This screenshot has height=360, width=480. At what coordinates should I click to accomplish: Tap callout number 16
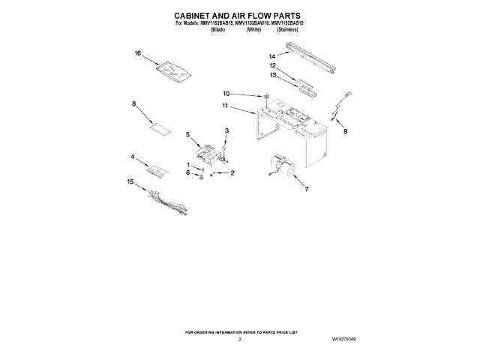[x=138, y=54]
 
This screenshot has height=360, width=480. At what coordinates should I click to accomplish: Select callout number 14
[x=272, y=56]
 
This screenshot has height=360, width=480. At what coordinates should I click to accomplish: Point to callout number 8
[x=134, y=103]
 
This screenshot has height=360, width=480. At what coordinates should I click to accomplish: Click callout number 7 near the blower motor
[x=306, y=190]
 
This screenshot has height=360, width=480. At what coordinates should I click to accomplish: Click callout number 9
[x=346, y=132]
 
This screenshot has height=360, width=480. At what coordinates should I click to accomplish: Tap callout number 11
[x=224, y=107]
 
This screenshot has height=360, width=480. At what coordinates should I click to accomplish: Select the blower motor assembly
[x=285, y=166]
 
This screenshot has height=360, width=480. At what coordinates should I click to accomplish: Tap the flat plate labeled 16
[x=172, y=70]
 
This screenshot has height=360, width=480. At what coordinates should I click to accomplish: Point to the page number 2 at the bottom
[x=239, y=339]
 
